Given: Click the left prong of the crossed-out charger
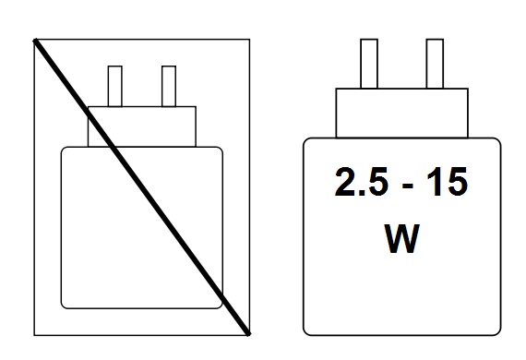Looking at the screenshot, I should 115,86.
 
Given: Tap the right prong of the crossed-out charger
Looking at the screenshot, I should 168,86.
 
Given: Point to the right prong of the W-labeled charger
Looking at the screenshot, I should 435,64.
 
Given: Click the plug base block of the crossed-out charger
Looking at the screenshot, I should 142,126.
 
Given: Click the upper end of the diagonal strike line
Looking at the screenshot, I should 36,40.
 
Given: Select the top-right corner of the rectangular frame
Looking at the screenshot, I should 249,39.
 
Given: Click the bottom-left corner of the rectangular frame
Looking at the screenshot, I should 34,333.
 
